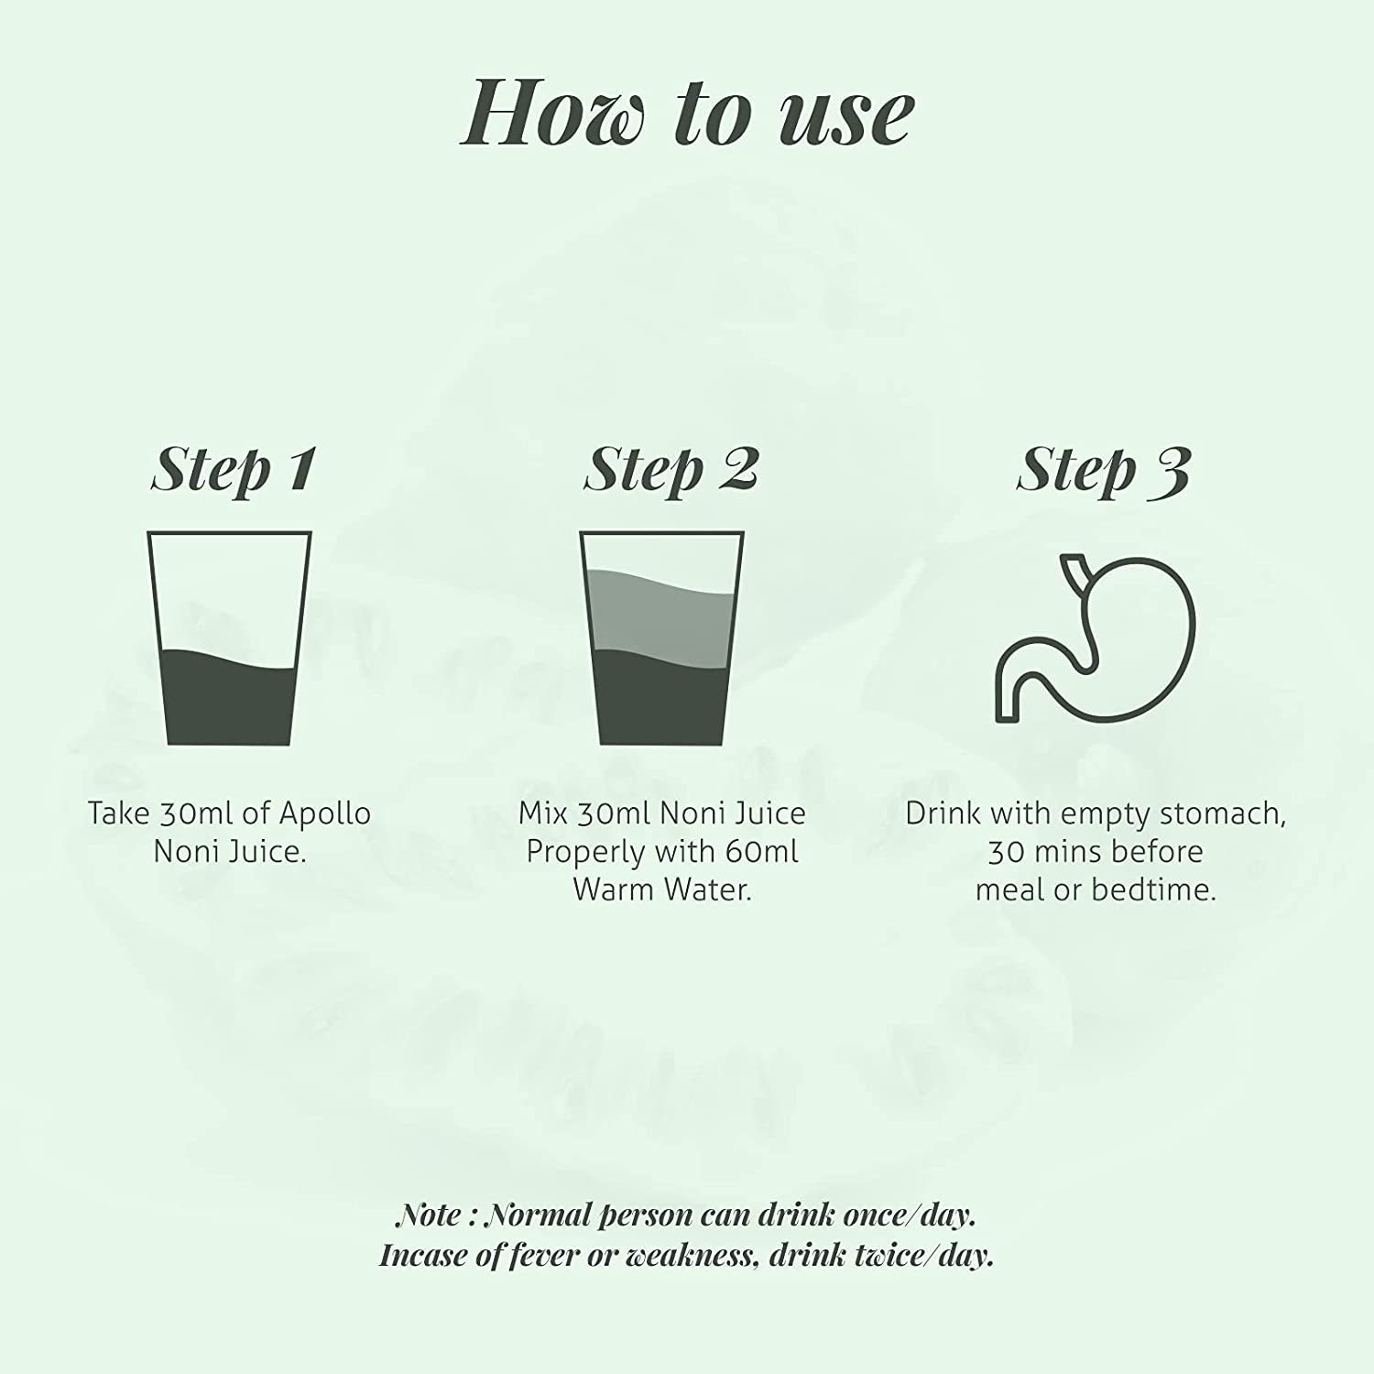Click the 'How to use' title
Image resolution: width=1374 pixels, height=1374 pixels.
point(688,114)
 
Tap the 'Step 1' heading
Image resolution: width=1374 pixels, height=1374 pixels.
point(233,471)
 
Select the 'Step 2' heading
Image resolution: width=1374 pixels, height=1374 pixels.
point(671,471)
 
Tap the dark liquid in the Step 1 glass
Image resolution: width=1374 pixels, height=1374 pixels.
point(230,701)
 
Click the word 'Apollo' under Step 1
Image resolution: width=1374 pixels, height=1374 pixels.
point(324,813)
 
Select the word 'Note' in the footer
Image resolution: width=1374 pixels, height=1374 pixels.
point(428,1216)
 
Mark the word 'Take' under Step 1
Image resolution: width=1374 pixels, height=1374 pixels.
point(118,813)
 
